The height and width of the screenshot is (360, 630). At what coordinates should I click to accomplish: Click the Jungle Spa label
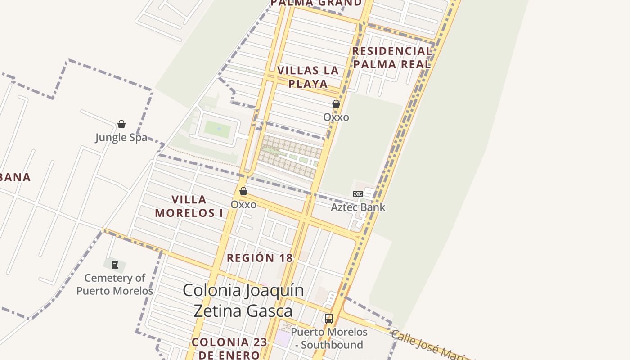point(121,137)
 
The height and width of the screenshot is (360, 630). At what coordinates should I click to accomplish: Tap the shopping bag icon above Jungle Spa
point(121,124)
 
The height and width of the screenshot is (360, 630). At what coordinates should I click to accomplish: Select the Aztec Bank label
point(358,207)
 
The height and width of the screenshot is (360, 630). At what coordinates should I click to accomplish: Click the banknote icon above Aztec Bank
point(358,194)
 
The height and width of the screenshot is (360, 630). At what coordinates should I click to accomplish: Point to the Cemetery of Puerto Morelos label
point(115,284)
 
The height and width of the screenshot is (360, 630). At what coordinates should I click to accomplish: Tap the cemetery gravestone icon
point(115,265)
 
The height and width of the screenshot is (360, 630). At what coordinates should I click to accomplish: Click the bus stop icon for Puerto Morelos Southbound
point(329,319)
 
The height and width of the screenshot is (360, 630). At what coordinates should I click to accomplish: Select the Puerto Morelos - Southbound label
point(329,338)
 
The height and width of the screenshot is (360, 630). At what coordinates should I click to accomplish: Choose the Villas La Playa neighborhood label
point(308,77)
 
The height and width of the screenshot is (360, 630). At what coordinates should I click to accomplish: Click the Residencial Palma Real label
point(392,58)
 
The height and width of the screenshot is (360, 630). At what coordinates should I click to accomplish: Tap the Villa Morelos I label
point(189,206)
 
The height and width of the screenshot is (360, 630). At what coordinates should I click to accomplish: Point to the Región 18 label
point(260,258)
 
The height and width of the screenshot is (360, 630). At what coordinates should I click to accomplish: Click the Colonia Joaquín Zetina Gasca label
point(243,300)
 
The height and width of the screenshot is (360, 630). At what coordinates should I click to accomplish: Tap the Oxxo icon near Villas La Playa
point(336,104)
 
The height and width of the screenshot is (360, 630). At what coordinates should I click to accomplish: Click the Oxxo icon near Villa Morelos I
point(243,192)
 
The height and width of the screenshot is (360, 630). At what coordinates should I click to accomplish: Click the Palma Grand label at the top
point(316,3)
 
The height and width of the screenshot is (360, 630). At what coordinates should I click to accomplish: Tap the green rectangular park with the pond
point(217,130)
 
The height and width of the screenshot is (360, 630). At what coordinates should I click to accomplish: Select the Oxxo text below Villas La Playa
point(336,117)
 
